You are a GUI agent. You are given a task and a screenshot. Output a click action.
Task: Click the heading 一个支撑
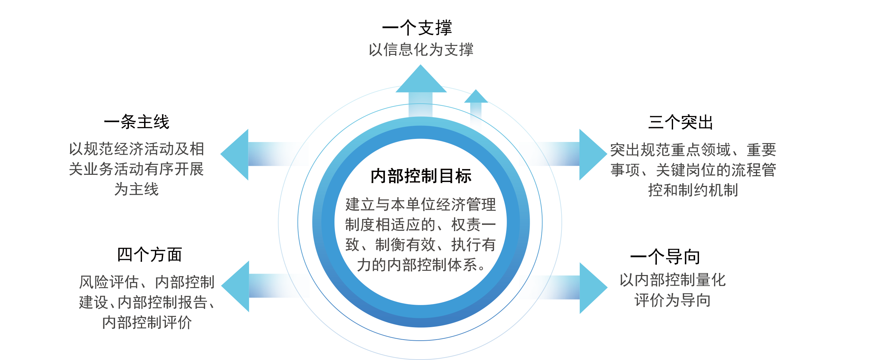417,28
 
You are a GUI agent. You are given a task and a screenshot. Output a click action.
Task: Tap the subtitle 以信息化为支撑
421,50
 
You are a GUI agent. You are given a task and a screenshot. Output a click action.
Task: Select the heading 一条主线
136,122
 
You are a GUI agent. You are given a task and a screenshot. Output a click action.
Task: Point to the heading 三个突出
681,122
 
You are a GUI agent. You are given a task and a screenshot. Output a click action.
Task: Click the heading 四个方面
149,255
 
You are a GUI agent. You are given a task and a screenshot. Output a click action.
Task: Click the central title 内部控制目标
421,176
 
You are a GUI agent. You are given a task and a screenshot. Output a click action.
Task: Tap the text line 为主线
136,189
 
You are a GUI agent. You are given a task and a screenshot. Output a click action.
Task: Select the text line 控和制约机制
693,190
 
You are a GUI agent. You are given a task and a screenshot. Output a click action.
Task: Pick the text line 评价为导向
672,300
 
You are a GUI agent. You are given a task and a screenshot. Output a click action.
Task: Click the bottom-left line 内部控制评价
147,323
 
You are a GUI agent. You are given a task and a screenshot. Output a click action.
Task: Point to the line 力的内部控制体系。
421,265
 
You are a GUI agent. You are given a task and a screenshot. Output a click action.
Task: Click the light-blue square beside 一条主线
234,154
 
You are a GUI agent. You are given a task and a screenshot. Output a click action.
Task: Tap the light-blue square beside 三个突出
593,154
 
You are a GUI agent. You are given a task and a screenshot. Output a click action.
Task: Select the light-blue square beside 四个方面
235,286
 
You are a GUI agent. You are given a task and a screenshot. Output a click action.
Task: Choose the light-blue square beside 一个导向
594,288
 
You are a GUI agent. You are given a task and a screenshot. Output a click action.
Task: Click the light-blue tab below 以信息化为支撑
421,74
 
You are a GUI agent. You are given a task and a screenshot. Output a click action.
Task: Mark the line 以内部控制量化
672,280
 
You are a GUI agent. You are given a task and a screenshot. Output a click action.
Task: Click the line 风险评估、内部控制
147,282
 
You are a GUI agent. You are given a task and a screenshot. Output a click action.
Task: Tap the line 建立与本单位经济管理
421,205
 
